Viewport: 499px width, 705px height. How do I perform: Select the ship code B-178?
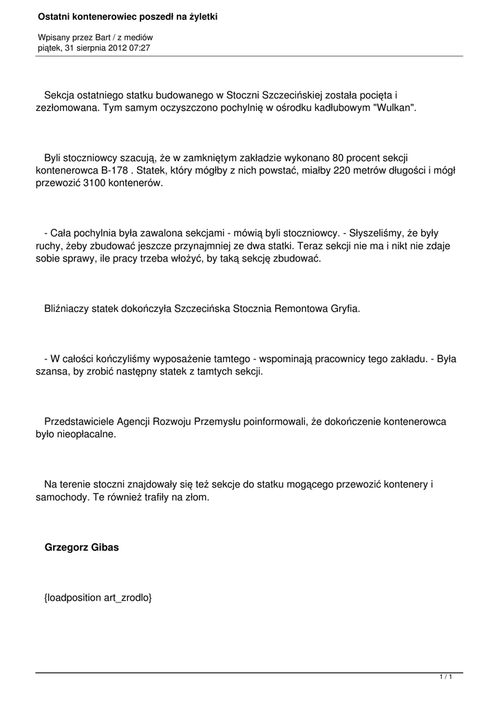coord(116,170)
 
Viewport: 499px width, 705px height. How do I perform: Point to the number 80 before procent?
coord(339,158)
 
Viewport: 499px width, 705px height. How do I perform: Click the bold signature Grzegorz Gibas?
coord(82,548)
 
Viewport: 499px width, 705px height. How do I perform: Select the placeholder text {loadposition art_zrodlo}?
coord(98,598)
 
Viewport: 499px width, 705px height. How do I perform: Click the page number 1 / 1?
coord(446,677)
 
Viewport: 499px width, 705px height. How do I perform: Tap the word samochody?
coord(61,496)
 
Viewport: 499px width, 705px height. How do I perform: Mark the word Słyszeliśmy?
coord(376,233)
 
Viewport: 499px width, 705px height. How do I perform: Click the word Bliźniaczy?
coord(66,308)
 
